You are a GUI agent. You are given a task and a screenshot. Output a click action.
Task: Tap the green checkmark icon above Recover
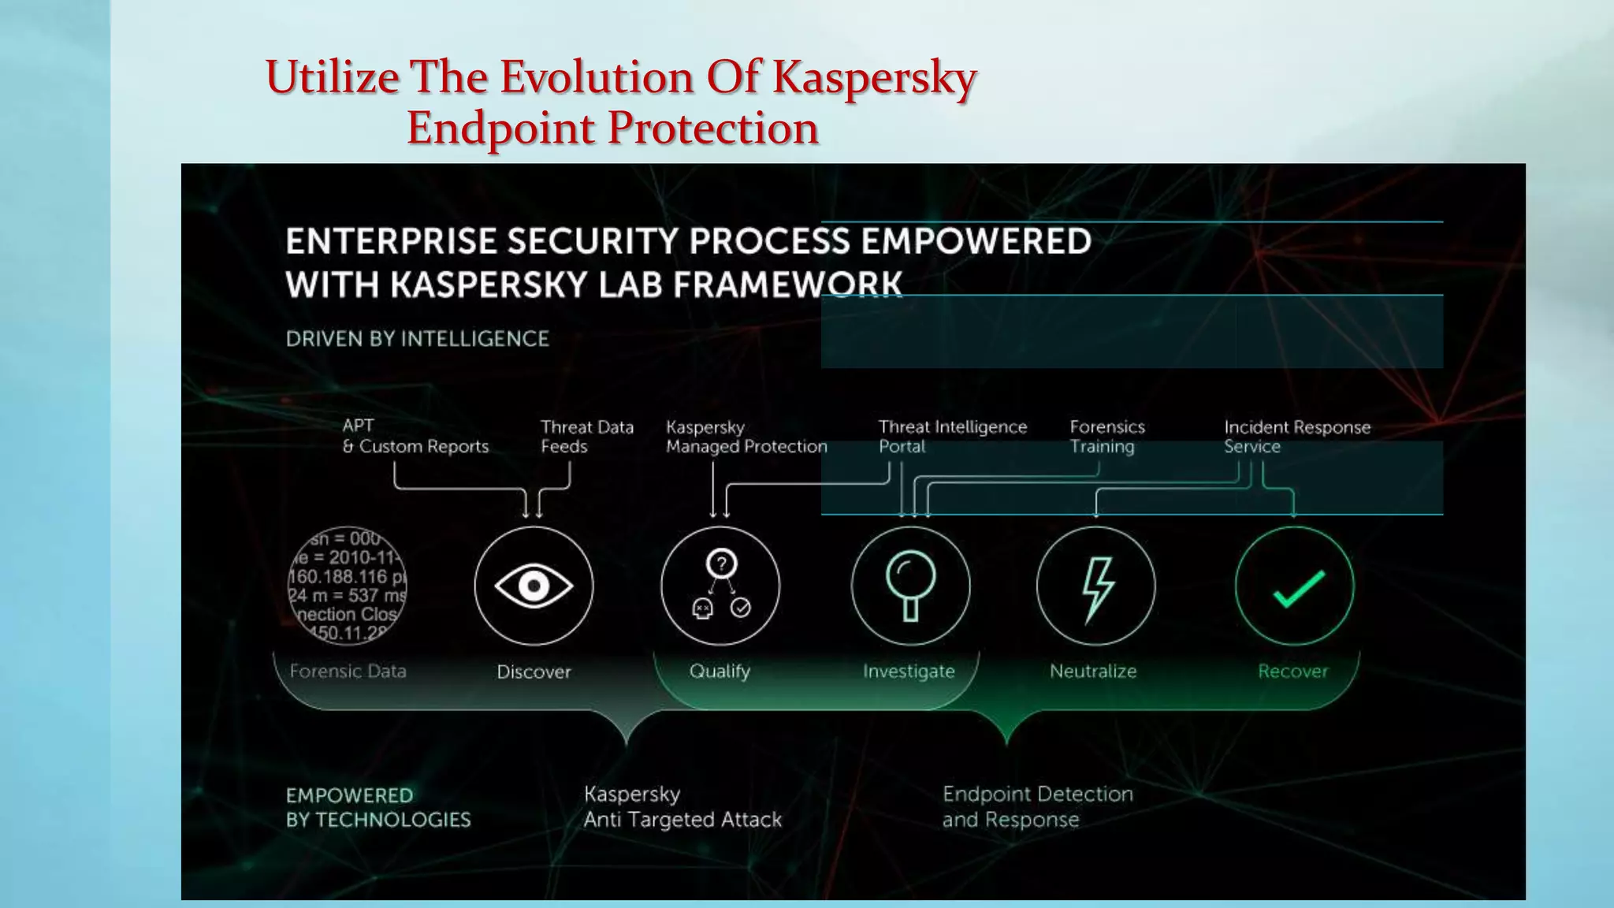(1298, 589)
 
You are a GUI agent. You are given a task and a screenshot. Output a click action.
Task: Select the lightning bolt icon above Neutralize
(1096, 587)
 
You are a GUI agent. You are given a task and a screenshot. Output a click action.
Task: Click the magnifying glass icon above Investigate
(910, 584)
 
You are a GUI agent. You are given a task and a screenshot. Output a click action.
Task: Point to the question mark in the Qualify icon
(721, 564)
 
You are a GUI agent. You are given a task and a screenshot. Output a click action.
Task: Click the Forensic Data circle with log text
(348, 586)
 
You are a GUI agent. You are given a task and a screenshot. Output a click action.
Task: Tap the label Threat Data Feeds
(586, 437)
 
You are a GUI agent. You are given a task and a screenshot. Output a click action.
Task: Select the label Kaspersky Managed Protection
(746, 437)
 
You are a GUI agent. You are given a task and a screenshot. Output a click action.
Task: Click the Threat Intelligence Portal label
(952, 437)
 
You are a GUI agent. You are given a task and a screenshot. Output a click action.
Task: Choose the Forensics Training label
(1106, 437)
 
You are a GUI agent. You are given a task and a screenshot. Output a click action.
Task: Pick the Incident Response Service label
(1296, 437)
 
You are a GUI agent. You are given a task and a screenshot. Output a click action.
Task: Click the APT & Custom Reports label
(415, 436)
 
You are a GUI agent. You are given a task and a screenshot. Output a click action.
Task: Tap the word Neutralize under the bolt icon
(1093, 672)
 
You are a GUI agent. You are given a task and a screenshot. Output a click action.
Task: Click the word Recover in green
(1292, 672)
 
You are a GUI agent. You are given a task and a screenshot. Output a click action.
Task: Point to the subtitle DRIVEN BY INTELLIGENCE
(417, 339)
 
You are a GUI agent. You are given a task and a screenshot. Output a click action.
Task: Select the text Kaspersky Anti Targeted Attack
(682, 807)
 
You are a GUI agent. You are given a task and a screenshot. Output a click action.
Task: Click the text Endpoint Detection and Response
(1037, 807)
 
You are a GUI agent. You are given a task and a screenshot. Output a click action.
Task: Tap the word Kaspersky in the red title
(874, 78)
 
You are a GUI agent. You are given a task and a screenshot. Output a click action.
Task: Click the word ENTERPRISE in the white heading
(391, 241)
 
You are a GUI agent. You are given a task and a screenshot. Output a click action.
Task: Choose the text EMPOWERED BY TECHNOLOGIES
(378, 807)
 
